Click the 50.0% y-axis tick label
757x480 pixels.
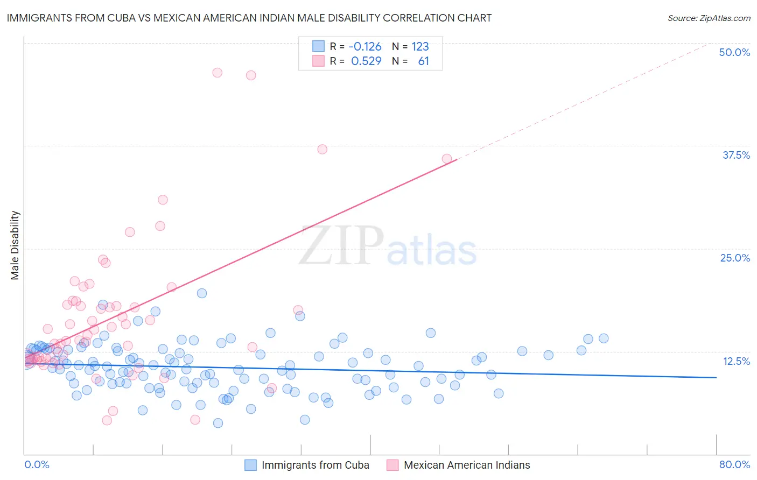(734, 52)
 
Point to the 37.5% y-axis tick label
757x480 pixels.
(736, 155)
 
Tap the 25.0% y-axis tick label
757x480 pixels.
(735, 258)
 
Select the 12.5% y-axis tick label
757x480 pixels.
(736, 361)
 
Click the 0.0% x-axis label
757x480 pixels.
(37, 464)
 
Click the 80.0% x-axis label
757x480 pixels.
(734, 464)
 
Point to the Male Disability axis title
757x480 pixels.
(15, 245)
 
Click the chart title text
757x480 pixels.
(249, 18)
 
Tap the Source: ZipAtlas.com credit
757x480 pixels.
(709, 18)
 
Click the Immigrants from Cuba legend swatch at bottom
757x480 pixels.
(250, 465)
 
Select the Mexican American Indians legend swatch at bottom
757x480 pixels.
(392, 465)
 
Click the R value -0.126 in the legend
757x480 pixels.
(365, 47)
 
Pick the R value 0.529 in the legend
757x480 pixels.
(366, 61)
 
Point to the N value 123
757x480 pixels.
(420, 47)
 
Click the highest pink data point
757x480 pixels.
(218, 73)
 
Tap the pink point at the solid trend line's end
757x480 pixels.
(447, 159)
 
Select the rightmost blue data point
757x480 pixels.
(604, 338)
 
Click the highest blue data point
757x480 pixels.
(202, 293)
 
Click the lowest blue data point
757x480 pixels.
(218, 423)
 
